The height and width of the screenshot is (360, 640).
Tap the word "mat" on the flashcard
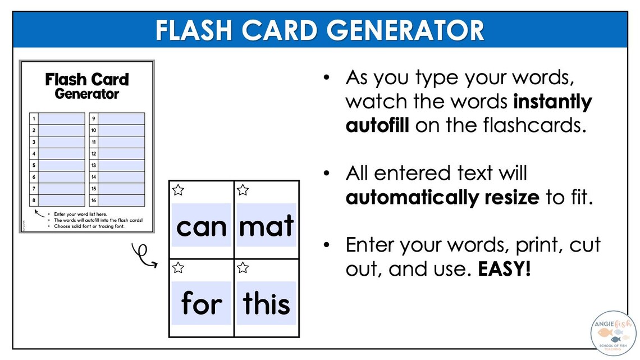tap(267, 226)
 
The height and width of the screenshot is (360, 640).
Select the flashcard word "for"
tap(202, 304)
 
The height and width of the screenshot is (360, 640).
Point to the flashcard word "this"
tap(267, 303)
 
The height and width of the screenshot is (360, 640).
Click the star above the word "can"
tap(178, 190)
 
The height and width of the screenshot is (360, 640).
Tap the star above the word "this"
tap(243, 267)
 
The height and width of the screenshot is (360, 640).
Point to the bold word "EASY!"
tap(504, 270)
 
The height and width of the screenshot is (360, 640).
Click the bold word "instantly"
tap(553, 102)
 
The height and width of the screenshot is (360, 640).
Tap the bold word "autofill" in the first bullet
tap(377, 125)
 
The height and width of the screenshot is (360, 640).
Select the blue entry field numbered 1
tap(61, 119)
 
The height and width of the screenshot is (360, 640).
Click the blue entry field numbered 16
tap(121, 200)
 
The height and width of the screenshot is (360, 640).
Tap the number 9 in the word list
tap(93, 119)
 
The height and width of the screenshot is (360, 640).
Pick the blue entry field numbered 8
tap(61, 200)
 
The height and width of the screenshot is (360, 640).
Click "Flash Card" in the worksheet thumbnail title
tap(87, 79)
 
